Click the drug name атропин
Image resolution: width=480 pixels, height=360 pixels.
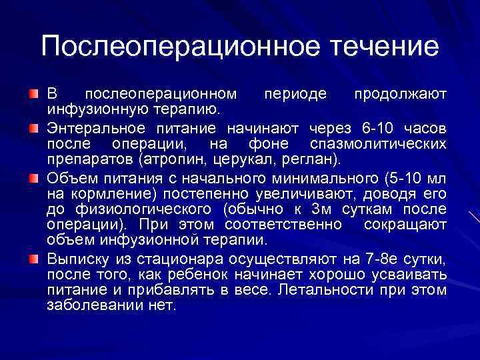(x=174, y=161)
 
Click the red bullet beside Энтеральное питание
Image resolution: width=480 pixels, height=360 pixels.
(x=33, y=126)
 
